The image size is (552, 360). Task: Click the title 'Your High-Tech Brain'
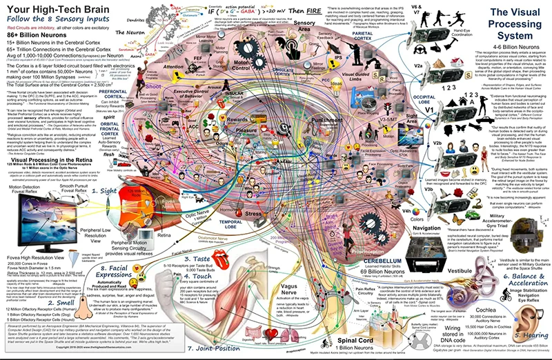60,10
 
